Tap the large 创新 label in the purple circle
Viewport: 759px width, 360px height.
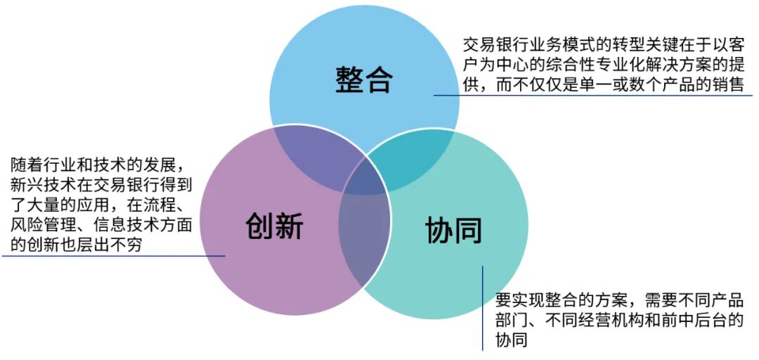(x=275, y=226)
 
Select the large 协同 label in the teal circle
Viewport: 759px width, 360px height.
(x=454, y=229)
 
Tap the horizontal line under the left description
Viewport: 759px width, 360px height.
(x=112, y=255)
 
